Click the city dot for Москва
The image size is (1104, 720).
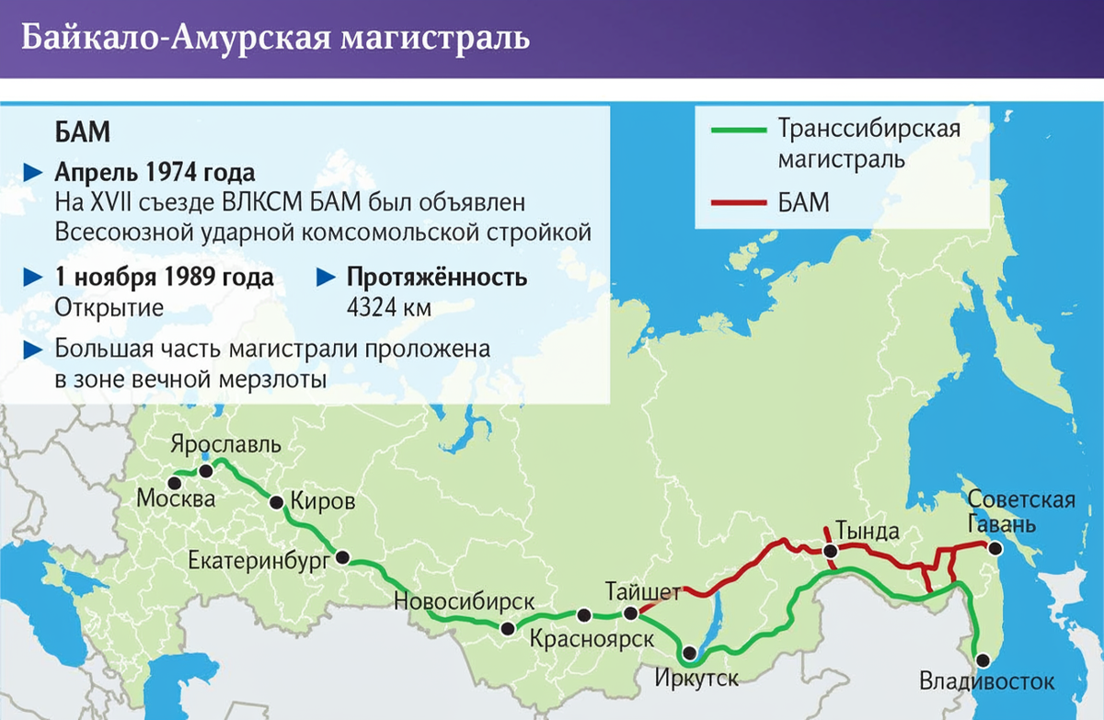[174, 480]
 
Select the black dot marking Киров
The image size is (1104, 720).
[276, 502]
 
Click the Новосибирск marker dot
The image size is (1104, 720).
[507, 629]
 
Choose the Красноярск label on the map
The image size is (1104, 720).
[592, 638]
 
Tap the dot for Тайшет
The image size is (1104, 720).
[630, 613]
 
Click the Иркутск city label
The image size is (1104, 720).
[698, 679]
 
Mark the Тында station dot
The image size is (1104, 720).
[831, 551]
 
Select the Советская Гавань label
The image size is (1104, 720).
[1021, 512]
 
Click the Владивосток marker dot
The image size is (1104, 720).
[983, 659]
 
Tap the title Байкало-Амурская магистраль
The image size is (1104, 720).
[275, 39]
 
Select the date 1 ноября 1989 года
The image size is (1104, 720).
[164, 278]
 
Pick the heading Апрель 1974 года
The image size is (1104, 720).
[155, 173]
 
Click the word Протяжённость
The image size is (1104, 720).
[436, 278]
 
